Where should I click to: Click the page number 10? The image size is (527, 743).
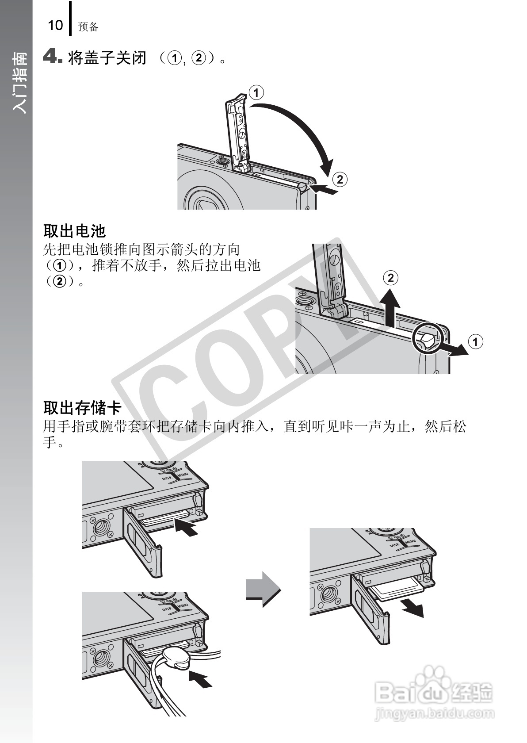55,25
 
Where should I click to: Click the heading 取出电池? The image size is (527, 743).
74,230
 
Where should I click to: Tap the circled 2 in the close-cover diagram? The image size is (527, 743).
340,179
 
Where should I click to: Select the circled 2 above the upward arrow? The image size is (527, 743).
390,278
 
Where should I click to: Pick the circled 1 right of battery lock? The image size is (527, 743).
475,341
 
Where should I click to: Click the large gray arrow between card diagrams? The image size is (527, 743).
263,590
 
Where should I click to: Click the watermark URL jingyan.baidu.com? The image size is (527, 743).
433,713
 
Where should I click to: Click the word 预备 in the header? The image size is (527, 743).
88,27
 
